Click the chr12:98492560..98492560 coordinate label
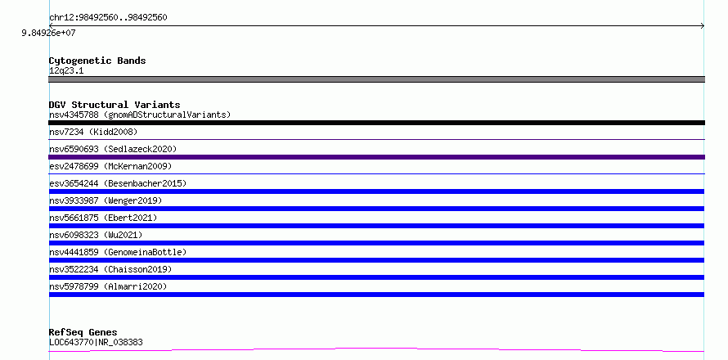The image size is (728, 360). coord(108,18)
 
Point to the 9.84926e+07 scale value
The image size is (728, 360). coord(48,34)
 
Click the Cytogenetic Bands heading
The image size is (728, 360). coord(97,61)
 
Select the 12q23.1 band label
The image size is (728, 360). coord(66,71)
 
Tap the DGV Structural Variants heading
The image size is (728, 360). coord(115,105)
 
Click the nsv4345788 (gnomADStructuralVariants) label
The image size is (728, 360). coord(140,115)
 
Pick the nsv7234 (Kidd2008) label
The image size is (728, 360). coord(93,132)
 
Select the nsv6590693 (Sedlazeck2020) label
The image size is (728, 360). coord(113,149)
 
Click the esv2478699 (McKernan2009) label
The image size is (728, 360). coord(110,166)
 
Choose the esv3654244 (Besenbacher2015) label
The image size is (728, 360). coord(118,183)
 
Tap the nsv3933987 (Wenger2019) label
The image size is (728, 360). coord(106,200)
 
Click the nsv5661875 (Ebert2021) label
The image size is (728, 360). coord(103,218)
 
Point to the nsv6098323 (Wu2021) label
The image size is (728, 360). coord(96,235)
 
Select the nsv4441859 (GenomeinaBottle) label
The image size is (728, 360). coord(118,252)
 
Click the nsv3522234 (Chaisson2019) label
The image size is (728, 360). coord(110,269)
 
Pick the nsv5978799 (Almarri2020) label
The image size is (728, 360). coord(108,286)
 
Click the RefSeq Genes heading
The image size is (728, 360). coord(83,332)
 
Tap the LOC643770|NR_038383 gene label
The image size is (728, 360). coord(96,343)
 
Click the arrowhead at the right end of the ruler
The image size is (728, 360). coord(703,26)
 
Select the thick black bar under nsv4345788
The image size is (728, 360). coord(376,123)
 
